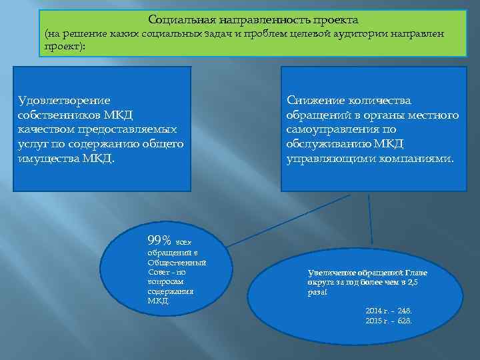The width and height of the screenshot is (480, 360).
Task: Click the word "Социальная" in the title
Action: [175, 20]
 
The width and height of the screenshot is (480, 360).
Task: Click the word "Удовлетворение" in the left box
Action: [64, 100]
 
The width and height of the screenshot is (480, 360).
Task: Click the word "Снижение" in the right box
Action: [315, 100]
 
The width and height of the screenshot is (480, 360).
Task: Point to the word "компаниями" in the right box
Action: [412, 159]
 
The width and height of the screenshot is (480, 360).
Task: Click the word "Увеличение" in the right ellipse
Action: [331, 273]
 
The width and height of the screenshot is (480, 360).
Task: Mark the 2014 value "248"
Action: [404, 311]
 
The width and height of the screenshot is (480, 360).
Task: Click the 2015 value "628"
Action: [404, 321]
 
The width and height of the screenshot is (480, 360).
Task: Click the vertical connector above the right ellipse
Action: [369, 220]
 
